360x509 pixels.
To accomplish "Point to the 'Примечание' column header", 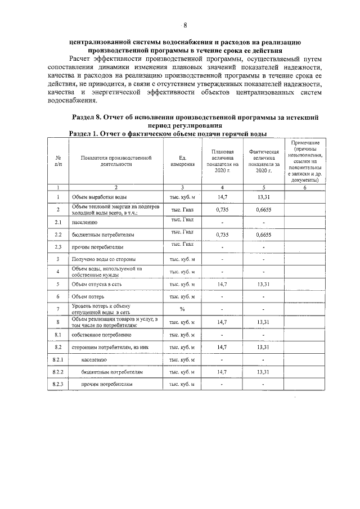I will (x=304, y=161).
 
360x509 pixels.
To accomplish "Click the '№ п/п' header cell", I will (x=58, y=161).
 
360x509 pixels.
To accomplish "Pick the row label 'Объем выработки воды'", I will (x=99, y=197).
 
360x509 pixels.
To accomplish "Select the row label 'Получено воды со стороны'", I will (x=102, y=259).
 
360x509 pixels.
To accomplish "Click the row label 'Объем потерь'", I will (x=88, y=296).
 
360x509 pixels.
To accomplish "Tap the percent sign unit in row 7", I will (x=182, y=309).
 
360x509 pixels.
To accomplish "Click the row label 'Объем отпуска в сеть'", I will (x=97, y=285).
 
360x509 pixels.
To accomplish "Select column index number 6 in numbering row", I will (x=304, y=187).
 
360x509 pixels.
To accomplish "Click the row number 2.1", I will (x=58, y=222).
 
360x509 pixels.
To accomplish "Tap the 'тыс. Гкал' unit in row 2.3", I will (x=182, y=244).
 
